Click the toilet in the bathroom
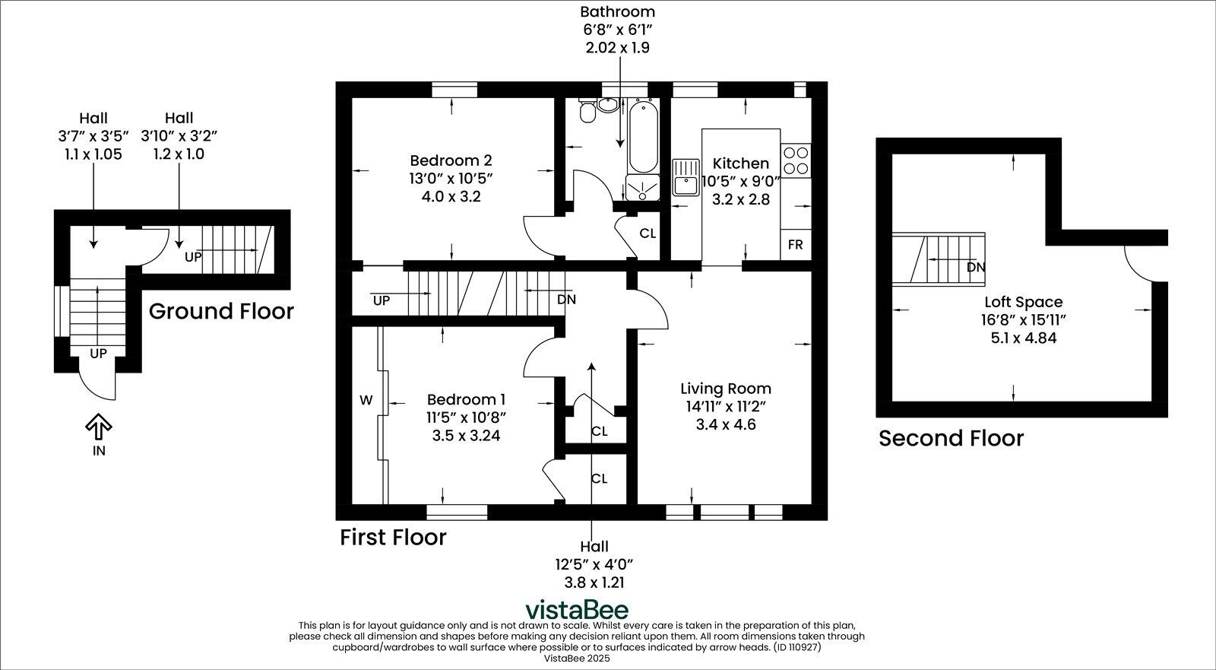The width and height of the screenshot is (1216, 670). pos(587,113)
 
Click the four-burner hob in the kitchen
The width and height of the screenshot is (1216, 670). pos(796,160)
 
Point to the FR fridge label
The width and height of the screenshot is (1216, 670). pos(795,245)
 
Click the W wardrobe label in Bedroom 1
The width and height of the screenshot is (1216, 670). pos(366,400)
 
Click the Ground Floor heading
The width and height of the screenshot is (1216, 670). pos(220,311)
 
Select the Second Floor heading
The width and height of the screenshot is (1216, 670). pos(951,438)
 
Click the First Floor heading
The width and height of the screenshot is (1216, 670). pos(392,537)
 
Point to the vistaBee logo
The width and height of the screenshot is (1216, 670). pos(578,610)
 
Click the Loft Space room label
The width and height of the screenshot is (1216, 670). pos(1023,302)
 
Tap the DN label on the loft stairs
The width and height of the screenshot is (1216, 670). pos(976,268)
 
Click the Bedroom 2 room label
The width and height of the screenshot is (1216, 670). pos(451,160)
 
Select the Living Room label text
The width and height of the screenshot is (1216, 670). pos(725,389)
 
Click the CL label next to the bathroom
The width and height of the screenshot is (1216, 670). pos(648,233)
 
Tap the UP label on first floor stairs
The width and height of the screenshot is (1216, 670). pos(382,300)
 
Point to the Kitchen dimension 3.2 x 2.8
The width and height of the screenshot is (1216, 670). pos(740,200)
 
